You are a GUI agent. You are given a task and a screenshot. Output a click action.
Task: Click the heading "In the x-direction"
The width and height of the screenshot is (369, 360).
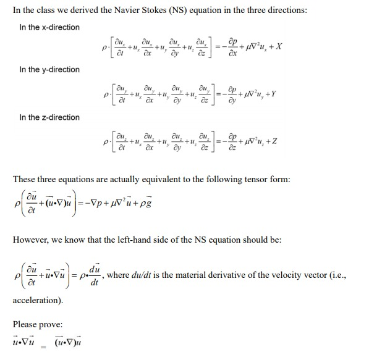49,27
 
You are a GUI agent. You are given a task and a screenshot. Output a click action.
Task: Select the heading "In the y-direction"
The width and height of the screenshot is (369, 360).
49,70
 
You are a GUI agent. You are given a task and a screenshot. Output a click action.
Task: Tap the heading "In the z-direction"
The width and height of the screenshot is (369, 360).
49,117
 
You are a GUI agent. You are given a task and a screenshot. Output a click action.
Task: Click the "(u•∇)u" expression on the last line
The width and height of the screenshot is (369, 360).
69,341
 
